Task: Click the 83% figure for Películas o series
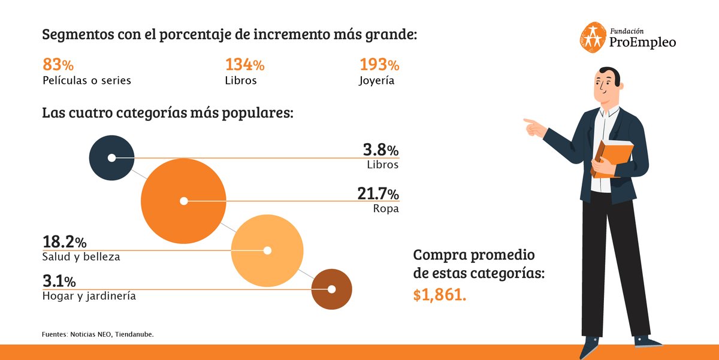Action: coord(58,65)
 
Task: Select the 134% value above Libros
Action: coord(244,65)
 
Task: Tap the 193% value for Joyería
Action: coord(379,65)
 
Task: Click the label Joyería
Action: coord(377,80)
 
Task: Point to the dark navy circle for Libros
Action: coord(111,158)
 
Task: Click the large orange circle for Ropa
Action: coord(183,201)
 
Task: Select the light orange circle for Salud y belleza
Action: coord(267,250)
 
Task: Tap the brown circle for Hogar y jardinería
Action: coord(331,289)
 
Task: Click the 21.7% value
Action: coord(377,194)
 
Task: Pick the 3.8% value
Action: coord(380,150)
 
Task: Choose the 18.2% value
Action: coord(64,242)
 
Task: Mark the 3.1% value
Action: coord(59,281)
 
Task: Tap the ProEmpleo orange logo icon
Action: coord(592,36)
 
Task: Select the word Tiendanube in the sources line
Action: coord(135,334)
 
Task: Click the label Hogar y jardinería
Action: coord(89,296)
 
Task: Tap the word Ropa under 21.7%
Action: coord(385,209)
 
